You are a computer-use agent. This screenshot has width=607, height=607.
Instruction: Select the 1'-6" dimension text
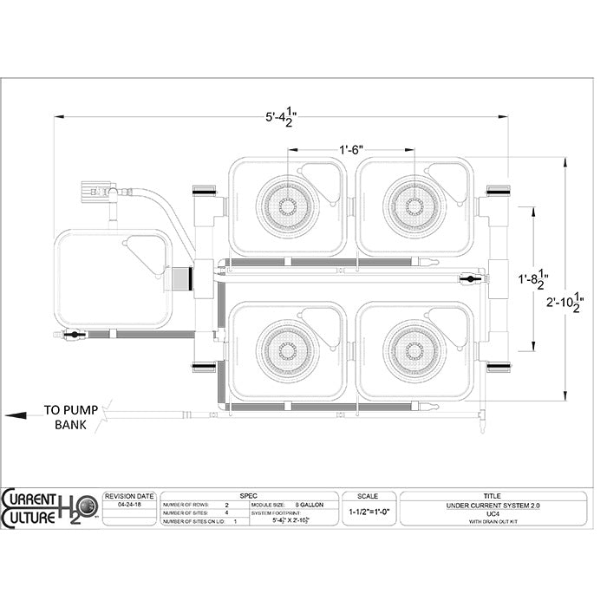[351, 150]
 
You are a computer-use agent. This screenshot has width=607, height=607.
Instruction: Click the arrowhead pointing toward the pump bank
[12, 414]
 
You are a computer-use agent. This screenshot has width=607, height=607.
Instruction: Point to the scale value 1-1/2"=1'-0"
[367, 512]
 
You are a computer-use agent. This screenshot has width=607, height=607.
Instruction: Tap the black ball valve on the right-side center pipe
[469, 278]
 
